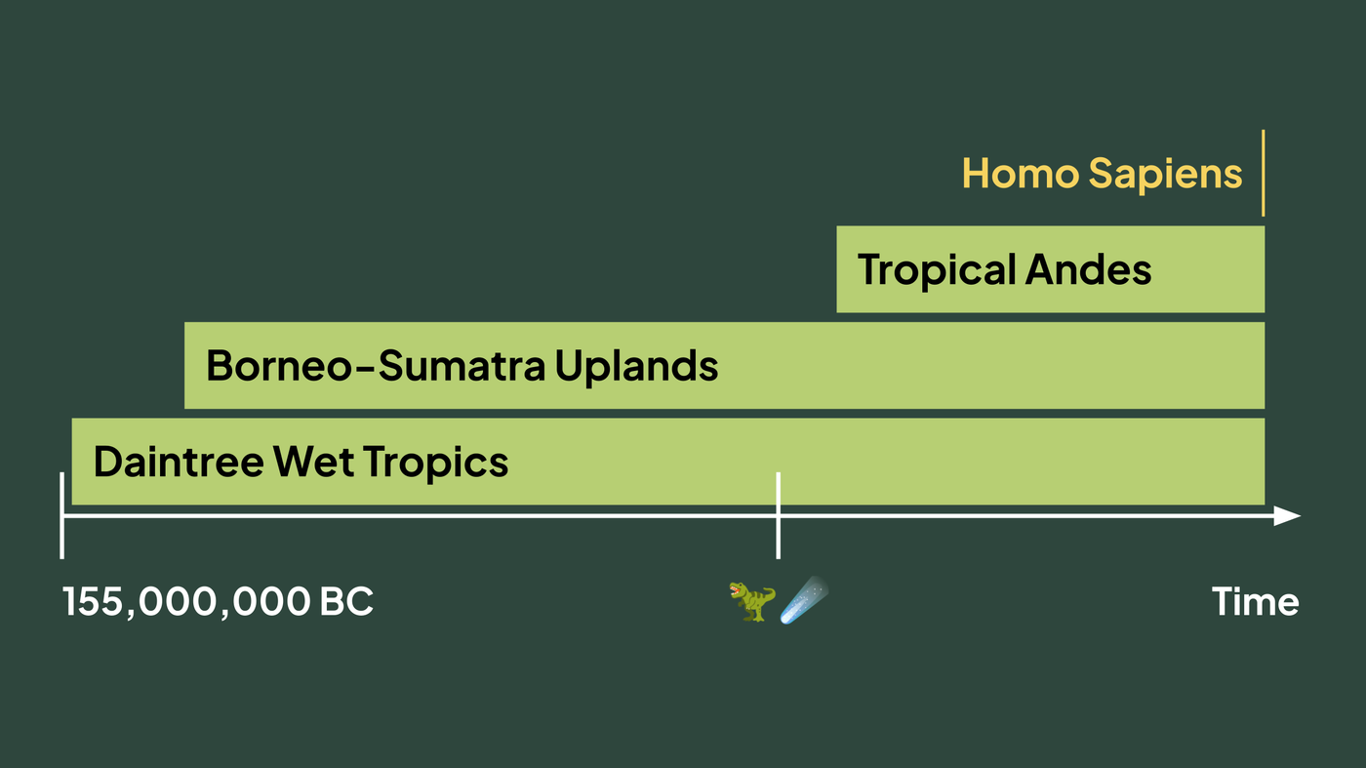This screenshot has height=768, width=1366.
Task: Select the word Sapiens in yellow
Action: click(1165, 176)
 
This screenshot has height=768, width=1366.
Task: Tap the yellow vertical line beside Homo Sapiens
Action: click(1263, 173)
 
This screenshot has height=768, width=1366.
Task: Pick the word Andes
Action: click(1089, 269)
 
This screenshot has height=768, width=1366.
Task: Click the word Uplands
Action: click(636, 367)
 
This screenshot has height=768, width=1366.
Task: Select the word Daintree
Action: click(179, 462)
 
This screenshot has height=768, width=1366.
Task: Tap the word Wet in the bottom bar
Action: click(313, 462)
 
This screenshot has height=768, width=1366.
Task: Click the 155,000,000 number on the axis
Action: click(186, 603)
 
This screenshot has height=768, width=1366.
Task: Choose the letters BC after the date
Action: click(346, 601)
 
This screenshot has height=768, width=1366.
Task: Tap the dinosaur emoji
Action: click(752, 601)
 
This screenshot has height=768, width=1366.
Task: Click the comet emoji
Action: click(804, 600)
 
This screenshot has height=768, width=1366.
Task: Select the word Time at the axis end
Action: click(1255, 602)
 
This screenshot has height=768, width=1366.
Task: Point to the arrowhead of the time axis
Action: click(1287, 516)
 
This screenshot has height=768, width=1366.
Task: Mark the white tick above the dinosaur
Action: click(779, 515)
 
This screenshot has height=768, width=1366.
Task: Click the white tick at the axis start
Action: click(62, 515)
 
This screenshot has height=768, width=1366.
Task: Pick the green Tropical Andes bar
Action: click(1050, 269)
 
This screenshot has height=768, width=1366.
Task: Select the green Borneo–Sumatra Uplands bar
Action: click(724, 365)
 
